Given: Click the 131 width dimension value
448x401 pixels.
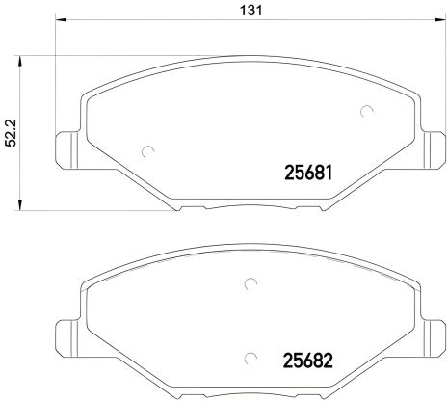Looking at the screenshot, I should [248, 12].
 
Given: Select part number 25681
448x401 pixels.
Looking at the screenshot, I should [307, 176].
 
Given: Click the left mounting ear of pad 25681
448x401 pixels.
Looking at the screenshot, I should [67, 146].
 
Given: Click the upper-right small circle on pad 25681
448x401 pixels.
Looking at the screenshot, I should [366, 111].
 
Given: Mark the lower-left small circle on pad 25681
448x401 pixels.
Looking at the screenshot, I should [147, 151].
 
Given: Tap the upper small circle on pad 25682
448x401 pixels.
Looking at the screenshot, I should [249, 283].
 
